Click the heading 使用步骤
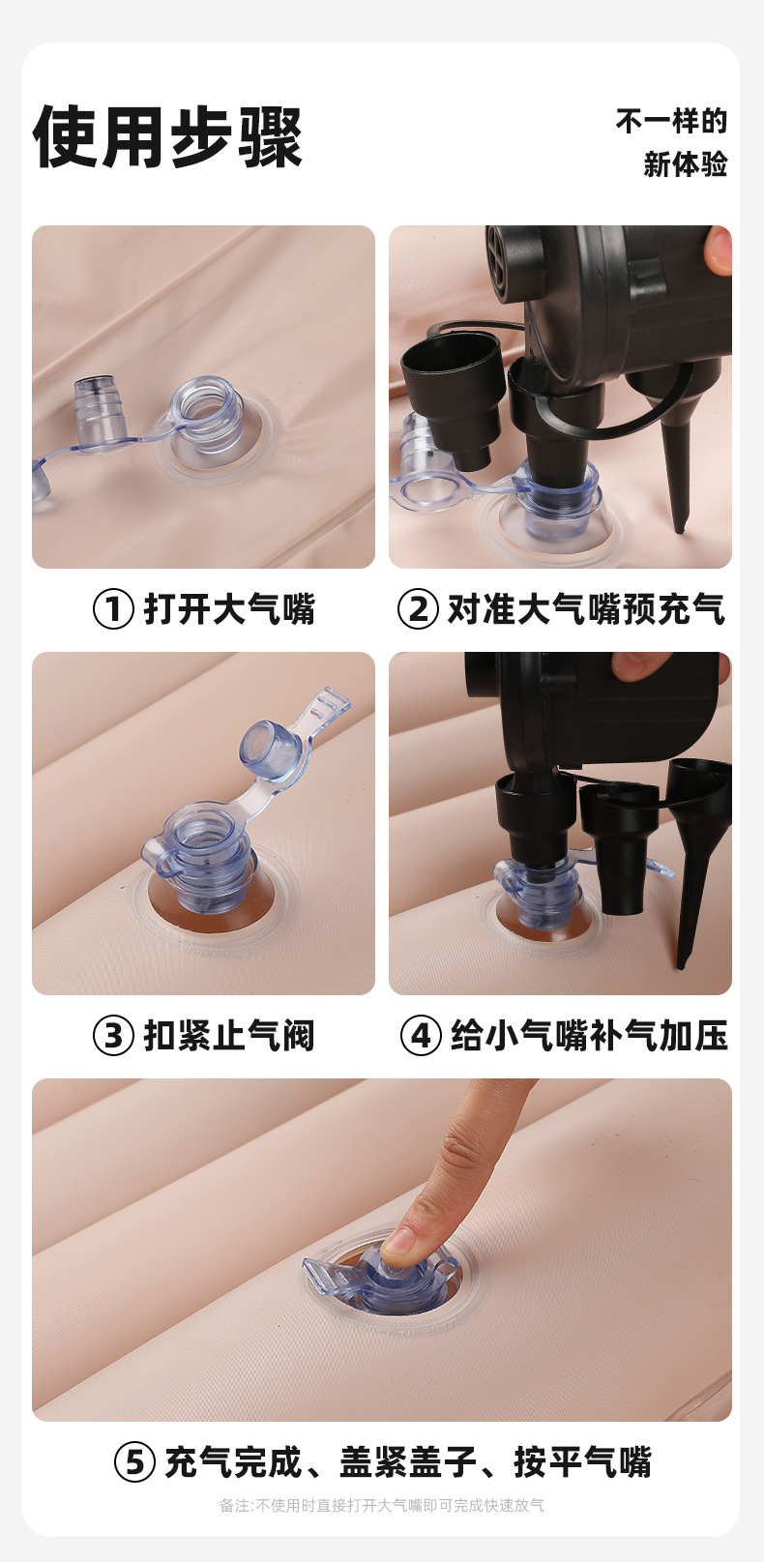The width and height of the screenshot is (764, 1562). coord(168,137)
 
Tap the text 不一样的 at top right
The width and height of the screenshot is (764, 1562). coord(671,121)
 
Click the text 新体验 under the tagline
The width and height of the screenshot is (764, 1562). coord(685,164)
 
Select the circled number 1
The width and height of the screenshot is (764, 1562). coord(113,609)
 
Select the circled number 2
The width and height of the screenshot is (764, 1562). coord(418,609)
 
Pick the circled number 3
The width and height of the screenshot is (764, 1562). coord(113,1036)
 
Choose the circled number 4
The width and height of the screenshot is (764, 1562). coord(421,1036)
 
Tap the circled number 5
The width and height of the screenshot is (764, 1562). coord(134,1461)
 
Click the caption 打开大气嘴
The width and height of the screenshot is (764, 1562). coord(229,609)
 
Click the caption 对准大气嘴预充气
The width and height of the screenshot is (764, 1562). coord(585,609)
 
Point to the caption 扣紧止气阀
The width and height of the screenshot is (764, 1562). coord(229,1036)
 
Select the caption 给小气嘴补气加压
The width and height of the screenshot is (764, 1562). coord(589,1036)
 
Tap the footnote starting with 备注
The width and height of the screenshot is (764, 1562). coord(381,1505)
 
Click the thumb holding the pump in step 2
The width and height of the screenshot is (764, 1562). coord(718,251)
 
